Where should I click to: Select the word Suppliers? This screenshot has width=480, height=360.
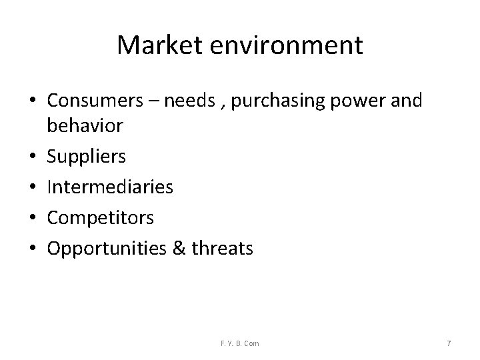(87, 157)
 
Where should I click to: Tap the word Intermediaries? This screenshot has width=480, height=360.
(111, 187)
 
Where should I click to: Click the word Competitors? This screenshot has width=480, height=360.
(101, 218)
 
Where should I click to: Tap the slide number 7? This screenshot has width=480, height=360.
(449, 343)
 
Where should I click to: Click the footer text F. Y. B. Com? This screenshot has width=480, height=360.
(241, 343)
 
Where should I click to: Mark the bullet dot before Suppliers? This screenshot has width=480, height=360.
(33, 157)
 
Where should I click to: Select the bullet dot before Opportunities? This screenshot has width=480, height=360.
(33, 249)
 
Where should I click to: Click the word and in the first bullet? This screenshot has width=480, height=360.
(409, 101)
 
